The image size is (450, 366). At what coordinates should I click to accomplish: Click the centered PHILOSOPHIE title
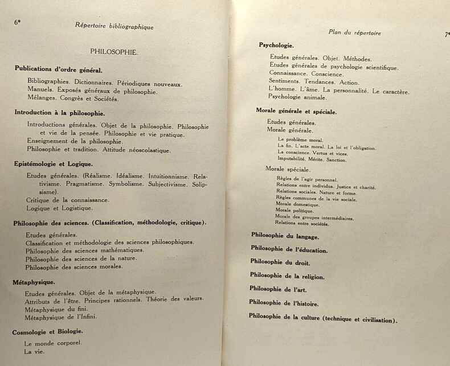tap(114, 51)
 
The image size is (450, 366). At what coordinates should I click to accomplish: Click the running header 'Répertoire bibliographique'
tap(114, 26)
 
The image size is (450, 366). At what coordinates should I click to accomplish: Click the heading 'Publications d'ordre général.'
tap(59, 69)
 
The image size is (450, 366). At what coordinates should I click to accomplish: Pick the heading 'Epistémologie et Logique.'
tap(53, 164)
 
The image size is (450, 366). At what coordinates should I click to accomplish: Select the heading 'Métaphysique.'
tap(34, 281)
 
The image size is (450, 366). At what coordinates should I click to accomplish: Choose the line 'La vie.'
tap(34, 351)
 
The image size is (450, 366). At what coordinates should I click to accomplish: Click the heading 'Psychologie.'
tap(276, 45)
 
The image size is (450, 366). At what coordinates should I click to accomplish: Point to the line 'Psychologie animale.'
tap(297, 97)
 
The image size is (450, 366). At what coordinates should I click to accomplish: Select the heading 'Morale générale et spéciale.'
tap(296, 112)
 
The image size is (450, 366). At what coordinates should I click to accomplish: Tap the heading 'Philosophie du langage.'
tap(285, 236)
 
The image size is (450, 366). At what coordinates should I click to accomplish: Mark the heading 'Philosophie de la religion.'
tap(287, 275)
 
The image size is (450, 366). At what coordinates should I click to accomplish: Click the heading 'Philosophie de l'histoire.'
tap(284, 303)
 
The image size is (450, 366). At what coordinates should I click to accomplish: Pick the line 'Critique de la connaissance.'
tap(67, 200)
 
